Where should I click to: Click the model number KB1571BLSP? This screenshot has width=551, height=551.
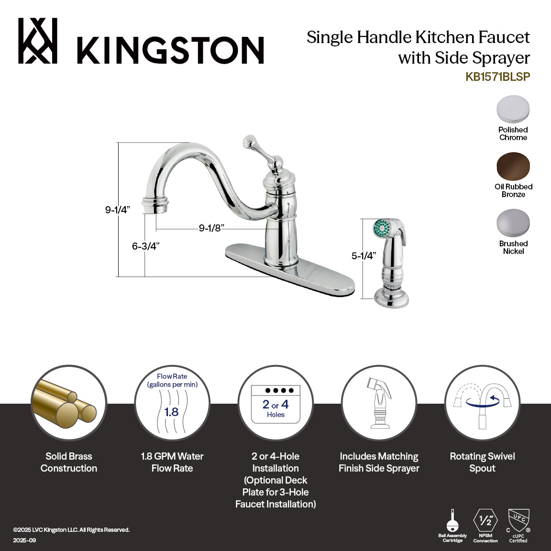(x=497, y=77)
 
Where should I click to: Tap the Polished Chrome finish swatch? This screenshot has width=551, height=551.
(x=513, y=110)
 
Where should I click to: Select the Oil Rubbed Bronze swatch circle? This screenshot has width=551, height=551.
(x=513, y=166)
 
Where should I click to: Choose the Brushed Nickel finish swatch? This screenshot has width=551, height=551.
(x=513, y=223)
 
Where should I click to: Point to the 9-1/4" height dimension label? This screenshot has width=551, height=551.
(x=118, y=210)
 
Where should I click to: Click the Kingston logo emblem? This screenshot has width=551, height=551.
(x=38, y=41)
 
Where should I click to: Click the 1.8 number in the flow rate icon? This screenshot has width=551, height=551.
(x=171, y=412)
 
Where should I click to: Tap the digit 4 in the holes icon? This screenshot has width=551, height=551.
(x=285, y=404)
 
